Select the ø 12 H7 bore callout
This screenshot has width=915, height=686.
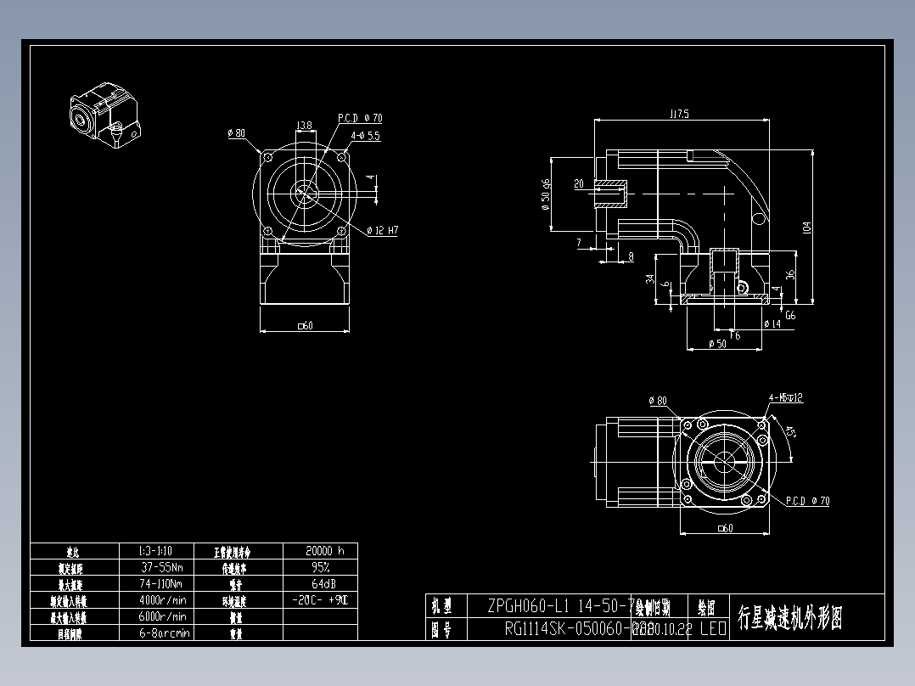pyautogui.click(x=383, y=231)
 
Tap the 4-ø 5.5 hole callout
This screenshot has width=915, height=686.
pyautogui.click(x=364, y=135)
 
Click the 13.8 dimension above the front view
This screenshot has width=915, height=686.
pyautogui.click(x=303, y=126)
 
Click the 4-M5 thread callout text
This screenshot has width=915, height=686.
pyautogui.click(x=785, y=397)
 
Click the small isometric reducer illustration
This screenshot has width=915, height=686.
pyautogui.click(x=104, y=116)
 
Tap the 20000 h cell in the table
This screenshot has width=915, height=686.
pyautogui.click(x=319, y=550)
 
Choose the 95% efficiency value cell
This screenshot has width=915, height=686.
pyautogui.click(x=319, y=567)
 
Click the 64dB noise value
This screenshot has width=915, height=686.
pyautogui.click(x=319, y=583)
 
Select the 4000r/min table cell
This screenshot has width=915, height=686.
pyautogui.click(x=165, y=599)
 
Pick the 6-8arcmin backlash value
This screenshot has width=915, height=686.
pyautogui.click(x=165, y=633)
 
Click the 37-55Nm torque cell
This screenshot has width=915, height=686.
pyautogui.click(x=165, y=567)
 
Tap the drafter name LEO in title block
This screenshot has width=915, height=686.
pyautogui.click(x=712, y=629)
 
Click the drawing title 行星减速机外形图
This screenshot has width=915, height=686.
pyautogui.click(x=789, y=617)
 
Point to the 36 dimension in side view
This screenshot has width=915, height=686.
pyautogui.click(x=790, y=275)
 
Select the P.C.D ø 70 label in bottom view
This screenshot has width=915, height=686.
pyautogui.click(x=807, y=501)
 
